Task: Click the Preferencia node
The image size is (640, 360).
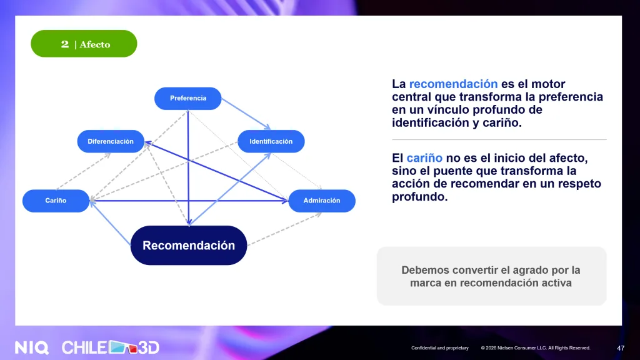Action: [187, 98]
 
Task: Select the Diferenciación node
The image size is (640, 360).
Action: [111, 141]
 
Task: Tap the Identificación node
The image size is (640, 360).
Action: [271, 141]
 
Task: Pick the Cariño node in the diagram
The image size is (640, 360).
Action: [56, 201]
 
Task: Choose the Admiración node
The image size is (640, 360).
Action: [322, 201]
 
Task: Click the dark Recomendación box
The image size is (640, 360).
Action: [189, 245]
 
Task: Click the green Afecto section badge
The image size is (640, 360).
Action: [84, 44]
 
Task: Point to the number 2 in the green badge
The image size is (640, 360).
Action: [65, 44]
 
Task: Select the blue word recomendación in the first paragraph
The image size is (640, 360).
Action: [454, 84]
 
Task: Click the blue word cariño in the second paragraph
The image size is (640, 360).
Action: [424, 158]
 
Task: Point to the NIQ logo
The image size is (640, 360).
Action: [32, 347]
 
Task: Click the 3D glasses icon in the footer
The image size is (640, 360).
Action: [123, 347]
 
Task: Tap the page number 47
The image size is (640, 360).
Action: [621, 348]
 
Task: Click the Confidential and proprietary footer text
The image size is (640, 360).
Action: [440, 348]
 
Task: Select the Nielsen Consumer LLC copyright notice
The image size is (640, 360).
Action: [536, 348]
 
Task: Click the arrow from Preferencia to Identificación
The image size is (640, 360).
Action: [246, 114]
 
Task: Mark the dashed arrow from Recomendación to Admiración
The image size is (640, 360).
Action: [284, 229]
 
